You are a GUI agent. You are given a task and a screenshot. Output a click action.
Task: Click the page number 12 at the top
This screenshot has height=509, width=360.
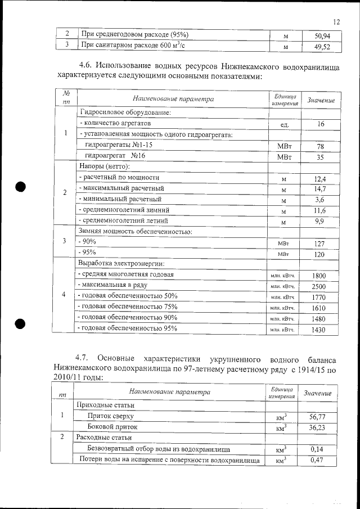(x=336, y=22)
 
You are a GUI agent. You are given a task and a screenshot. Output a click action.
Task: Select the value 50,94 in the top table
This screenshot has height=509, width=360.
(x=320, y=36)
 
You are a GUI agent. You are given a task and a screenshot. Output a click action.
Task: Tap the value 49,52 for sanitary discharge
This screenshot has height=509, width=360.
(x=320, y=46)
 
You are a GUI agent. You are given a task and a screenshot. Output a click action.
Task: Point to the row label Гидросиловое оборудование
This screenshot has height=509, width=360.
(x=125, y=112)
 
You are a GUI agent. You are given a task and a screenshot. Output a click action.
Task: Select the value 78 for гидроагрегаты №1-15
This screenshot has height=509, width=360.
(x=320, y=146)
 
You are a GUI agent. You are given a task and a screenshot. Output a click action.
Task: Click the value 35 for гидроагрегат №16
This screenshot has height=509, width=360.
(x=320, y=157)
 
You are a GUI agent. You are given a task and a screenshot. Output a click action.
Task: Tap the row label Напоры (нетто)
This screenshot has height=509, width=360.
(x=105, y=167)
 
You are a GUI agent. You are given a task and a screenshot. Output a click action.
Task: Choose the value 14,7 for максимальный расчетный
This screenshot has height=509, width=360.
(x=320, y=189)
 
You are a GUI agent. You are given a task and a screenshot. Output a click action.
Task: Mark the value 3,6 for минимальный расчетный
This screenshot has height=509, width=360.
(x=320, y=200)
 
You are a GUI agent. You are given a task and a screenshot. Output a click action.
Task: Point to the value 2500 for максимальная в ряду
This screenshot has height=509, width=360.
(x=319, y=286)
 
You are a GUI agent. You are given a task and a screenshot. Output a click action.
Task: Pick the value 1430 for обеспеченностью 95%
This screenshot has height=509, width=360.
(x=319, y=330)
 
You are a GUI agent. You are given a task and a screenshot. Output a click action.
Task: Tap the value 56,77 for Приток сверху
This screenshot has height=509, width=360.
(x=318, y=416)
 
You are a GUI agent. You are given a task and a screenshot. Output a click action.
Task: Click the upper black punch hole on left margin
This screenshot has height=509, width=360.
(x=21, y=187)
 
